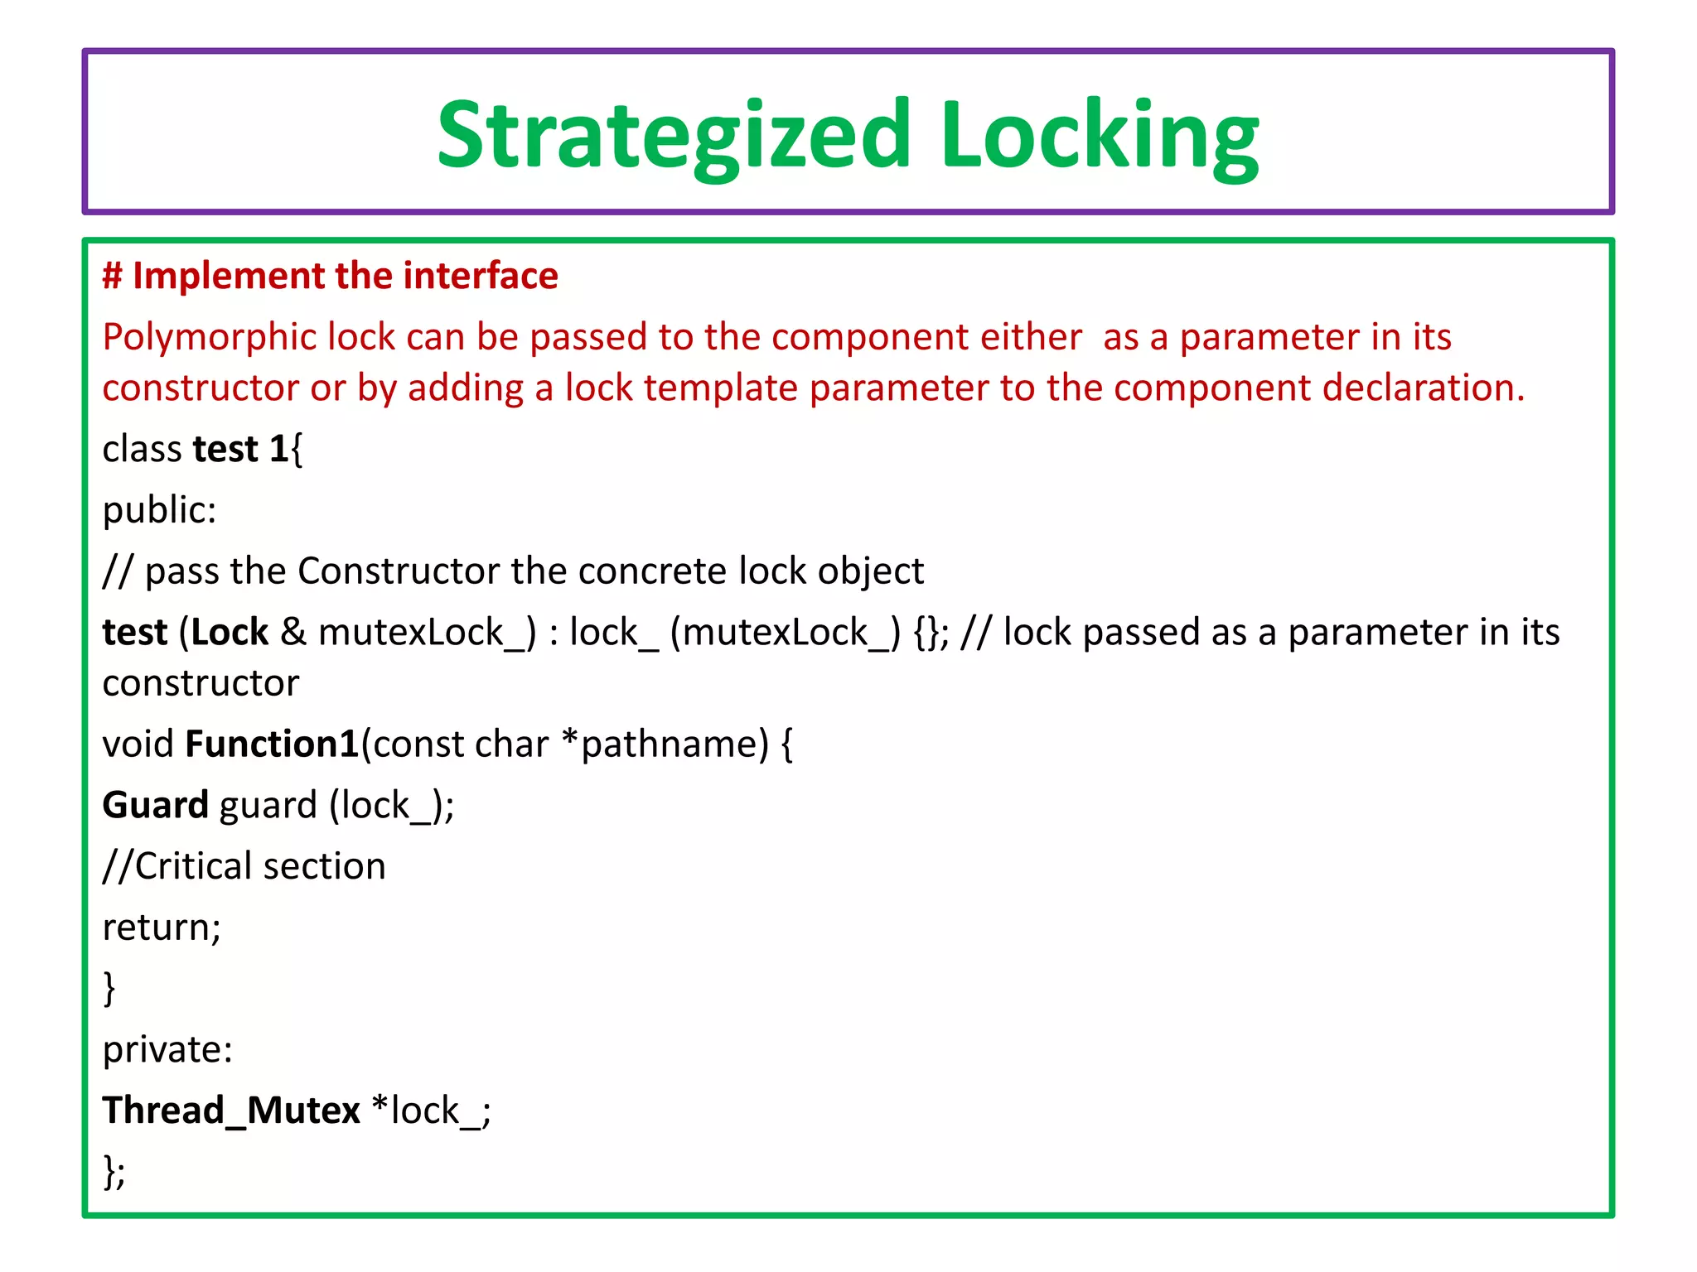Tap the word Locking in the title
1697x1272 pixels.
click(x=1099, y=135)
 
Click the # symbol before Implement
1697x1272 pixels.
click(x=113, y=276)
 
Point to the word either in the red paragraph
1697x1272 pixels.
click(x=1031, y=337)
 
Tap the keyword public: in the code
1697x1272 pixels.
click(x=159, y=510)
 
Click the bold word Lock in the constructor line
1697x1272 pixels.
click(x=230, y=632)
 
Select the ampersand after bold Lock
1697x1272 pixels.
click(x=293, y=632)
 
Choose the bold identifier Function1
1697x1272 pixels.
click(x=272, y=744)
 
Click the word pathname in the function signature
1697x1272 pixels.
click(x=674, y=744)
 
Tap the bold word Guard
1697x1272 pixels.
click(x=155, y=805)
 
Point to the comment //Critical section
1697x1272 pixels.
click(x=244, y=866)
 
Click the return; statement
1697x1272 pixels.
click(x=162, y=927)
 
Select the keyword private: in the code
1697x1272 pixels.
click(x=167, y=1049)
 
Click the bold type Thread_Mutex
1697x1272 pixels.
click(x=231, y=1111)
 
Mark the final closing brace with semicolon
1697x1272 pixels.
click(x=114, y=1171)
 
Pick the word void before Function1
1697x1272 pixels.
click(x=138, y=744)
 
